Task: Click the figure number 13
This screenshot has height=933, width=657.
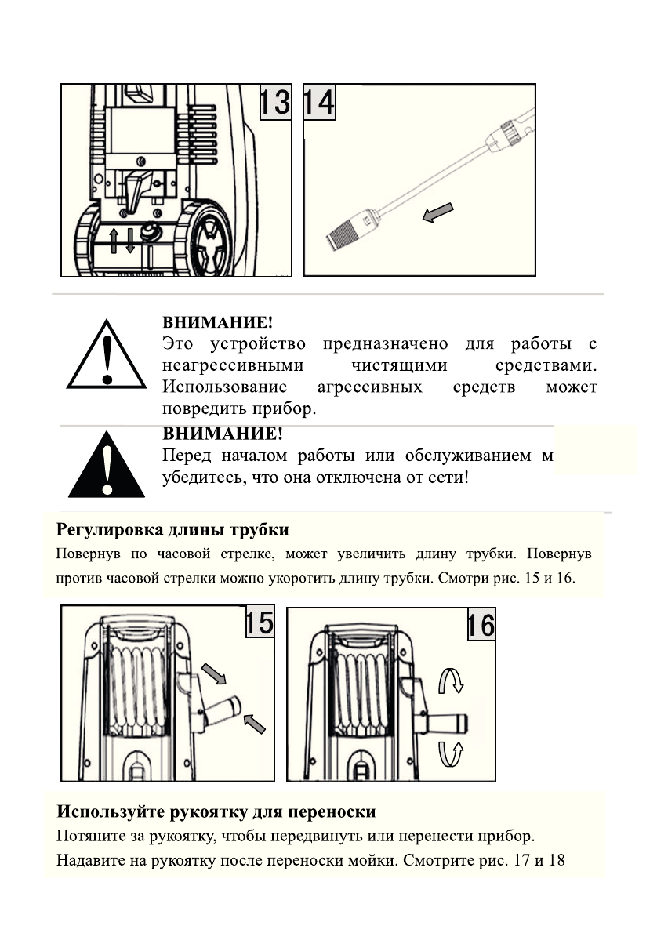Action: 275,102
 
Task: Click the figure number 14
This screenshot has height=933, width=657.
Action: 318,102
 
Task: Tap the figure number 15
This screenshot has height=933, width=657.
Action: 259,622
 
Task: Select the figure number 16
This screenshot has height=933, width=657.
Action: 481,625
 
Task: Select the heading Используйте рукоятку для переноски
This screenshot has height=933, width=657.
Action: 216,811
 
